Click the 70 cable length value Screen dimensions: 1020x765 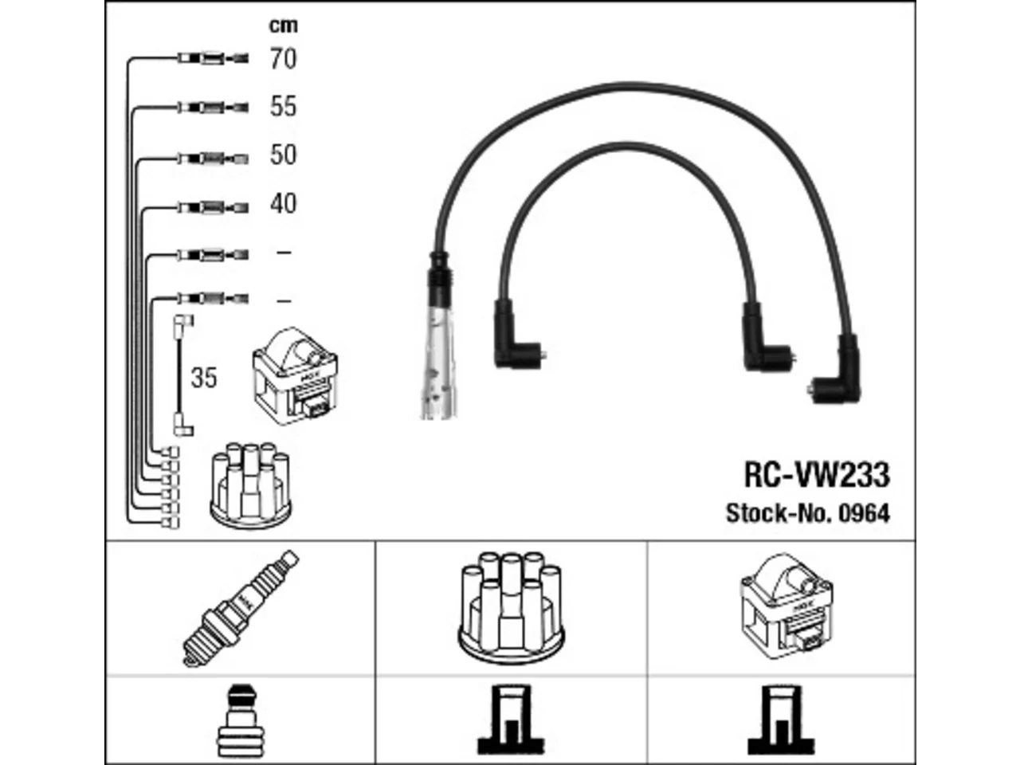click(283, 59)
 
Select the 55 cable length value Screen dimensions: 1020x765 click(283, 106)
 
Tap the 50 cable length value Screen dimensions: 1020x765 click(283, 155)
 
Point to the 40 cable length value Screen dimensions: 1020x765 click(283, 203)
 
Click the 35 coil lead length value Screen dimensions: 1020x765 click(204, 378)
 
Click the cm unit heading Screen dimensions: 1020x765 click(284, 25)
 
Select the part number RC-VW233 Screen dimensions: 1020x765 click(817, 475)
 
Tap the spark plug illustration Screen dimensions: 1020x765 click(241, 609)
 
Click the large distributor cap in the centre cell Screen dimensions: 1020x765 click(511, 608)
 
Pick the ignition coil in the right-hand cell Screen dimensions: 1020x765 click(786, 606)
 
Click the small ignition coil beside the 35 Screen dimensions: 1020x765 click(295, 375)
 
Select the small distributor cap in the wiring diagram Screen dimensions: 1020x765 click(250, 485)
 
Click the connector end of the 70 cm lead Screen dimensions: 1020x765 click(213, 58)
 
